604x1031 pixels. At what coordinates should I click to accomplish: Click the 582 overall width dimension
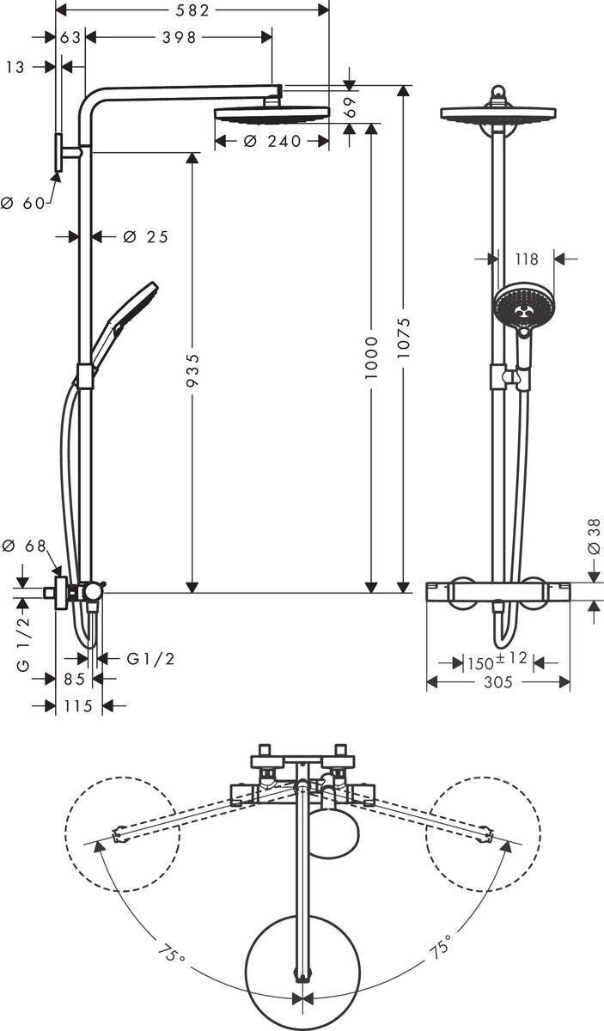192,9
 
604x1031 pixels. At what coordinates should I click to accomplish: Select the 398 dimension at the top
179,37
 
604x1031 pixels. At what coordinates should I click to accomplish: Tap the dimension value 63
70,37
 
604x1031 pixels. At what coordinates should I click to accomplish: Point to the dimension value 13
15,67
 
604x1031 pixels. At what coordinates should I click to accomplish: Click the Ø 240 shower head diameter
272,142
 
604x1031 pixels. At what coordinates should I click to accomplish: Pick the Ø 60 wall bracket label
22,204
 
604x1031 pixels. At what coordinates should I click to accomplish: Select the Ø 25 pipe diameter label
145,237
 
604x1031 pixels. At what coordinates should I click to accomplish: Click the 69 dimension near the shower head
349,107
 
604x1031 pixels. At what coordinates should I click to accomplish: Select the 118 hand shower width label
525,258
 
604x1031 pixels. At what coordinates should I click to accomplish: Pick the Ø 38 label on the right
594,537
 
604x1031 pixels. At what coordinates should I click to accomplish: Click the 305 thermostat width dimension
497,682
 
